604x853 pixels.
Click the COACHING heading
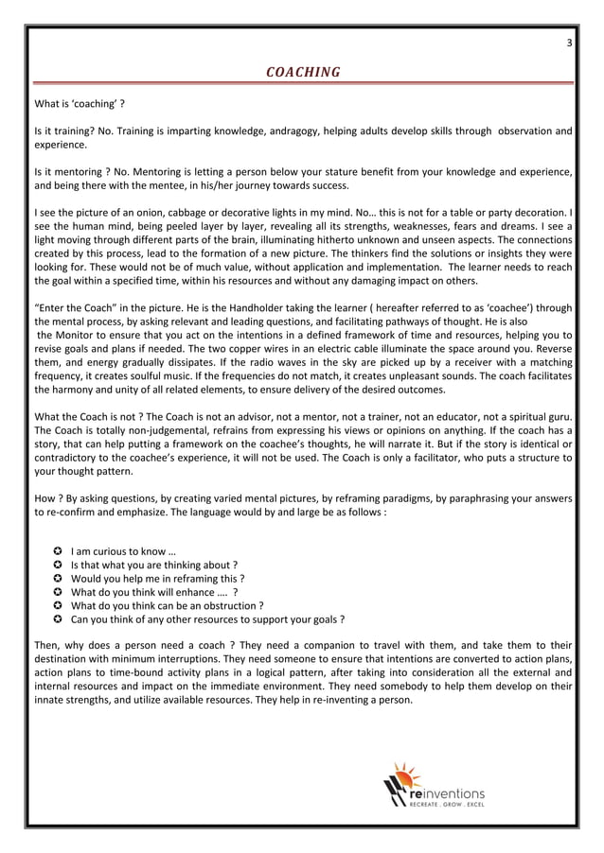[302, 72]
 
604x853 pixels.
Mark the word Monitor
[78, 335]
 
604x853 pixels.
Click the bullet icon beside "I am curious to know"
[58, 552]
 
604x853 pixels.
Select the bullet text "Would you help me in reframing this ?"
[158, 579]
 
